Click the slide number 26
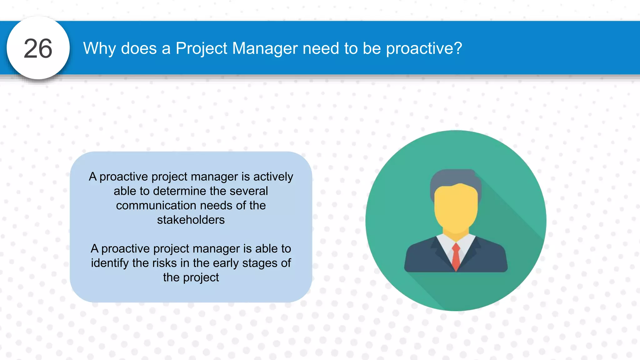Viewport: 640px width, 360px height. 38,49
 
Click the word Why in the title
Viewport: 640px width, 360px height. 99,48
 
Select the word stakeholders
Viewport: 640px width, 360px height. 191,220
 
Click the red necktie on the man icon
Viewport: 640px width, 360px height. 456,256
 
